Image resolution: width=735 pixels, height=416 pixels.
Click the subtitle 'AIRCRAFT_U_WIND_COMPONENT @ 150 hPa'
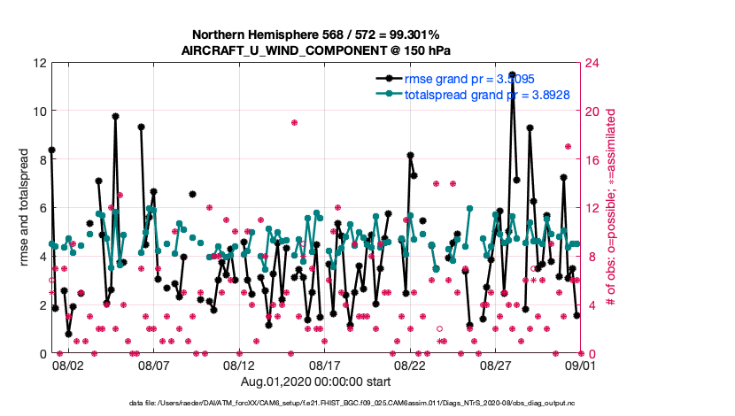[x=315, y=50]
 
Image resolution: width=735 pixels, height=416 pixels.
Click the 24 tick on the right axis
[x=590, y=63]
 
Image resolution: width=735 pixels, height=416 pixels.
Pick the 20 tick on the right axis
[x=590, y=112]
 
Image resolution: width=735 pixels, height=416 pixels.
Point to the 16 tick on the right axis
[x=590, y=160]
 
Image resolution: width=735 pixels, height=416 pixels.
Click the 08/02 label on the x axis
[x=68, y=365]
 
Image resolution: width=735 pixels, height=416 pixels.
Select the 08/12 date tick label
[x=239, y=365]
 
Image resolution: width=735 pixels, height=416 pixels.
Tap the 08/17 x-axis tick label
[x=324, y=365]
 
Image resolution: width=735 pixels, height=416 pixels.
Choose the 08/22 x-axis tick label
[x=410, y=365]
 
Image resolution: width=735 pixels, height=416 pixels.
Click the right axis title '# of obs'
[x=611, y=208]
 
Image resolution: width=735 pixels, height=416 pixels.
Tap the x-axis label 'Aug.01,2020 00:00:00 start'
[x=315, y=381]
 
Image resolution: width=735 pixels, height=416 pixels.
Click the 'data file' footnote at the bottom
[x=352, y=403]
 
